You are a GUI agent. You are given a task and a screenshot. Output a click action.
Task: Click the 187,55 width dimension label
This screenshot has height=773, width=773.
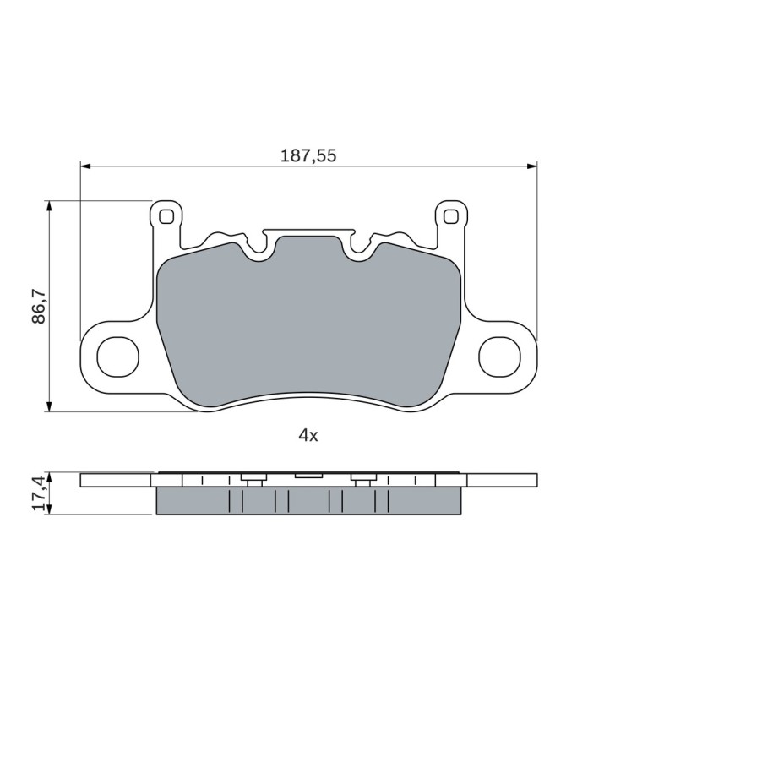[x=308, y=155]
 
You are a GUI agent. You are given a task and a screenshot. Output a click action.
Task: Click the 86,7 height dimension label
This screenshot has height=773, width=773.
[x=39, y=306]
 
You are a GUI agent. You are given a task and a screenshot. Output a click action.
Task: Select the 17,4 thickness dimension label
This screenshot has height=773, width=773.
[x=39, y=493]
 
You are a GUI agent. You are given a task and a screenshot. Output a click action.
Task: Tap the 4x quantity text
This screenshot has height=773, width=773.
[x=308, y=435]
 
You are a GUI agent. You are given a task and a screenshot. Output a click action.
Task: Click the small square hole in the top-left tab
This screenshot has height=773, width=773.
[x=166, y=216]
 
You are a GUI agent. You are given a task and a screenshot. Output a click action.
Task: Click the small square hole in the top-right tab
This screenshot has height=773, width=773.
[x=450, y=216]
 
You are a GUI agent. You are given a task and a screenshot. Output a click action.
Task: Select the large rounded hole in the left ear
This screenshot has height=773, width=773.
[x=117, y=357]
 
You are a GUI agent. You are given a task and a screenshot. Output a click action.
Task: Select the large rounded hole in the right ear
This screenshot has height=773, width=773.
[x=499, y=357]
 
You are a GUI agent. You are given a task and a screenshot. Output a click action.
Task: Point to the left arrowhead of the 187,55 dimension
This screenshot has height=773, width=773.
[x=85, y=166]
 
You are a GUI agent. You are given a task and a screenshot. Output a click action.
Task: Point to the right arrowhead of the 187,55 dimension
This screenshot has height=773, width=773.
[x=532, y=166]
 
